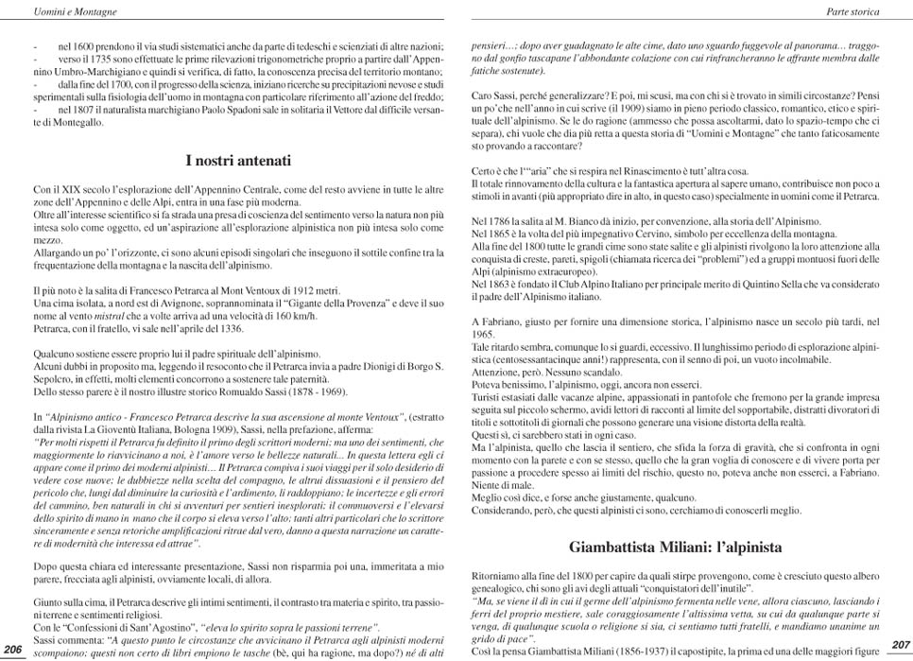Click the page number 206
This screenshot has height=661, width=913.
[12, 649]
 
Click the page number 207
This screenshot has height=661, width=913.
[900, 644]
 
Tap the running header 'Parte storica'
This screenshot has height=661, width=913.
[853, 12]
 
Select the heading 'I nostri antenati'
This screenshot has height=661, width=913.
[237, 160]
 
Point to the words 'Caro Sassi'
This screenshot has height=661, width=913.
[491, 96]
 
